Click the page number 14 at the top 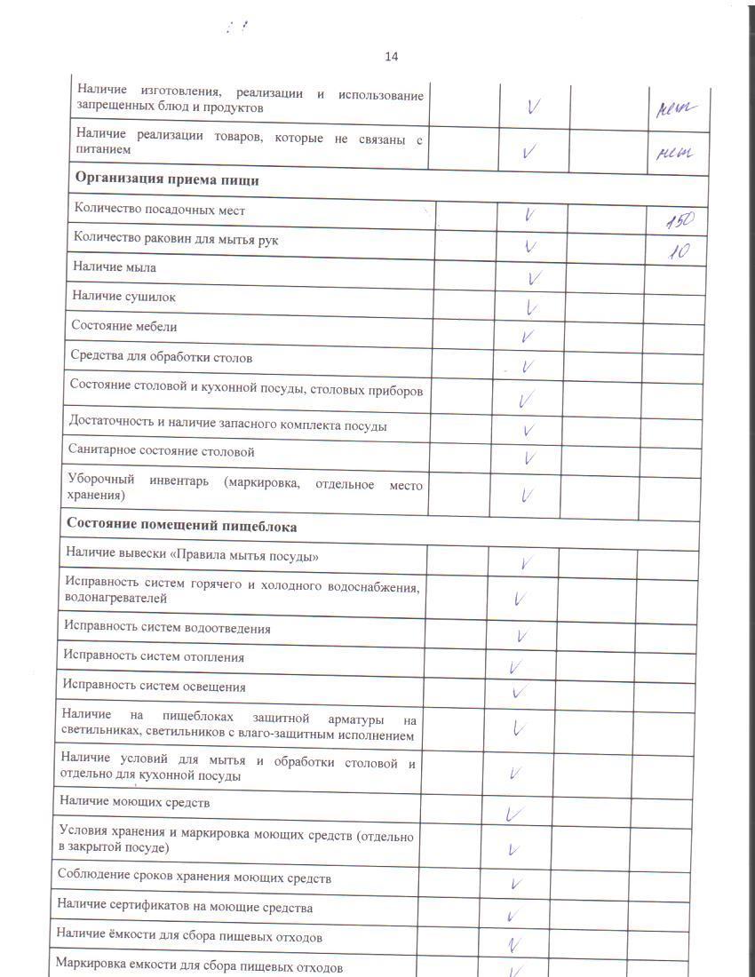pos(391,57)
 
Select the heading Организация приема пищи pos(167,179)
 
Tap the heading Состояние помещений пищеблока pos(181,527)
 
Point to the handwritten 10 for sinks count pos(679,251)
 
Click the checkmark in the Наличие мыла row pos(534,278)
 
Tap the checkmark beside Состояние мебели pos(528,337)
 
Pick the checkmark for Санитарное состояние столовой pos(529,458)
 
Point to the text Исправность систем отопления pos(153,657)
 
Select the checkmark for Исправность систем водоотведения pos(524,635)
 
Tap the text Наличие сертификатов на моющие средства pos(185,907)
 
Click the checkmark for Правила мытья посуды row pos(526,562)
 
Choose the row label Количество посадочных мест pos(159,210)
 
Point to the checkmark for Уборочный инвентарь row pos(527,494)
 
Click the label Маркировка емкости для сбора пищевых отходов pos(199,966)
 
